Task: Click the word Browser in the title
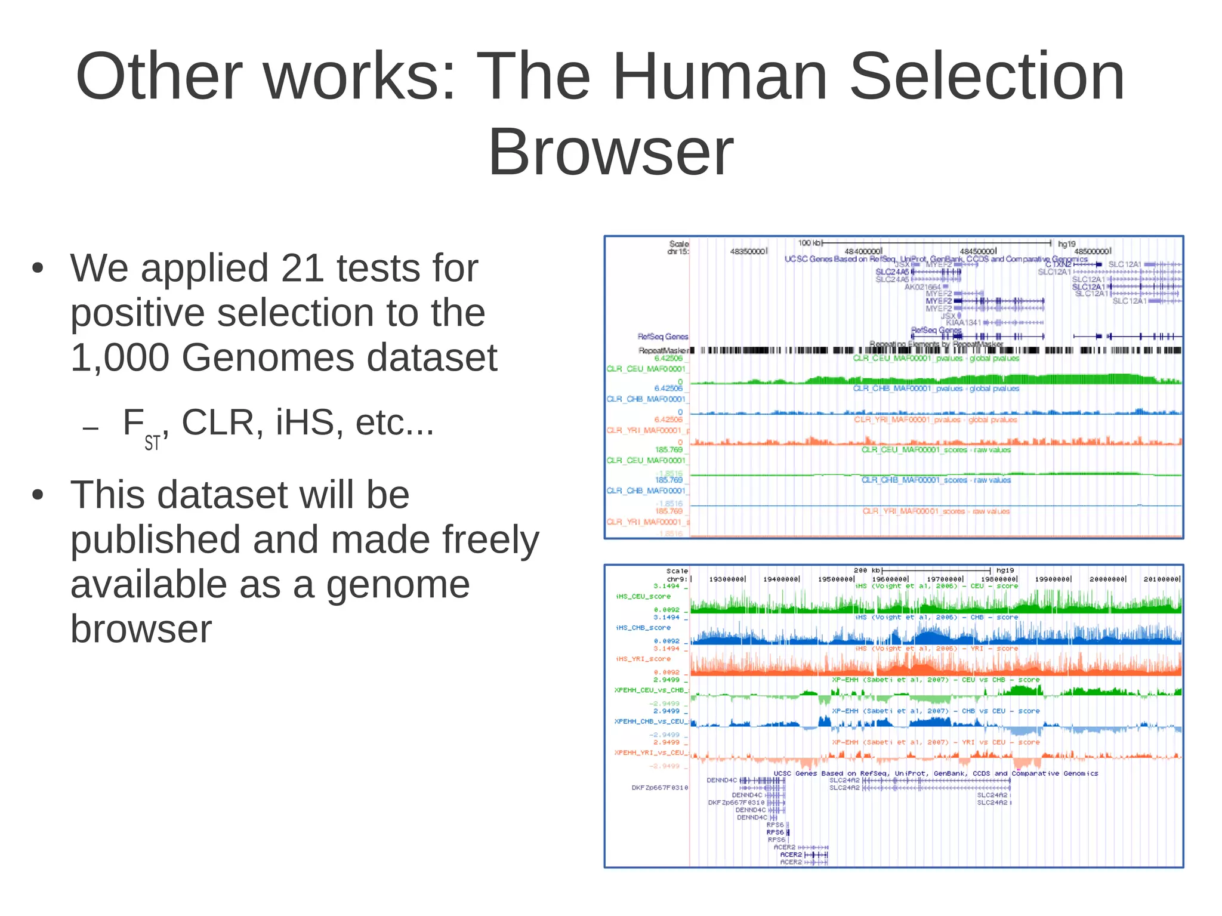coord(610,152)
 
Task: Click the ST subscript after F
coord(152,443)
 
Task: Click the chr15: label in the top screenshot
coord(678,251)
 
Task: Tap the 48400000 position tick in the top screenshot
coord(863,251)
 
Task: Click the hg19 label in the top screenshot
coord(1066,243)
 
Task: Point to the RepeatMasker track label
coord(663,350)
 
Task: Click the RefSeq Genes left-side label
coord(662,337)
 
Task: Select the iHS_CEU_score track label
coord(643,596)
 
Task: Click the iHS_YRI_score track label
coord(643,659)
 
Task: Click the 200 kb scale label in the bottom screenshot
coord(867,570)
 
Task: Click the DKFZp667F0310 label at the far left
coord(659,788)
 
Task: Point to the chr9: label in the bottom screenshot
coord(677,579)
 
